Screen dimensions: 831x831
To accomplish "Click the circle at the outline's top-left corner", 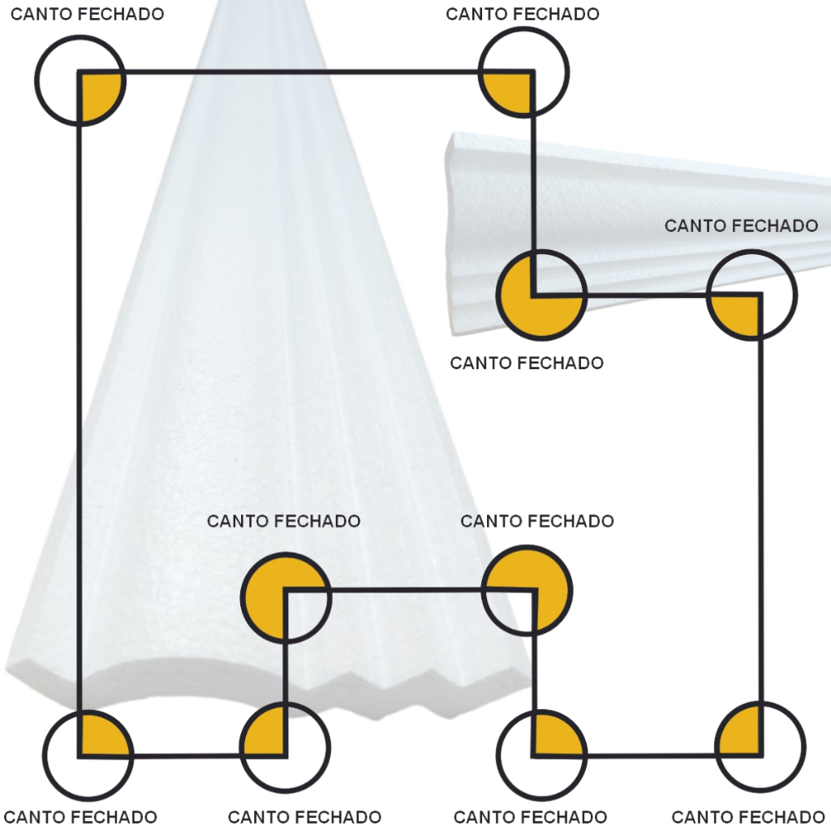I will click(x=80, y=80).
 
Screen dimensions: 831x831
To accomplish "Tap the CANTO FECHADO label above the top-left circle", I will click(x=87, y=14).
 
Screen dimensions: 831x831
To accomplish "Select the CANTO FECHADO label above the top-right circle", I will click(x=523, y=14).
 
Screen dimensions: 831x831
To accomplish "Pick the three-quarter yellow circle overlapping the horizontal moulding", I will click(x=540, y=294).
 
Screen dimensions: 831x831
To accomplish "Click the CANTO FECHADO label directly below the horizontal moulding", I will click(x=527, y=363).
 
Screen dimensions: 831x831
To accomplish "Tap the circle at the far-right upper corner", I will click(x=752, y=295).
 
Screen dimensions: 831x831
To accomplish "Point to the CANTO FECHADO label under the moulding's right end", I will click(x=741, y=226).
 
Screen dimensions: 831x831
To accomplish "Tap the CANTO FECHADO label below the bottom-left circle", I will click(x=80, y=816).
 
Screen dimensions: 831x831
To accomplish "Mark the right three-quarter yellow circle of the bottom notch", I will click(x=527, y=590).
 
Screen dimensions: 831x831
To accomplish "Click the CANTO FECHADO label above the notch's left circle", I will click(x=283, y=520).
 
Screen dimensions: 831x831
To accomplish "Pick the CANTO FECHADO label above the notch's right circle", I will click(x=537, y=520).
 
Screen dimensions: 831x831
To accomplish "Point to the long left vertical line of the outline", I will click(x=80, y=406).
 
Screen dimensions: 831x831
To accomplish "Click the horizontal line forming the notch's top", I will click(x=406, y=590).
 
